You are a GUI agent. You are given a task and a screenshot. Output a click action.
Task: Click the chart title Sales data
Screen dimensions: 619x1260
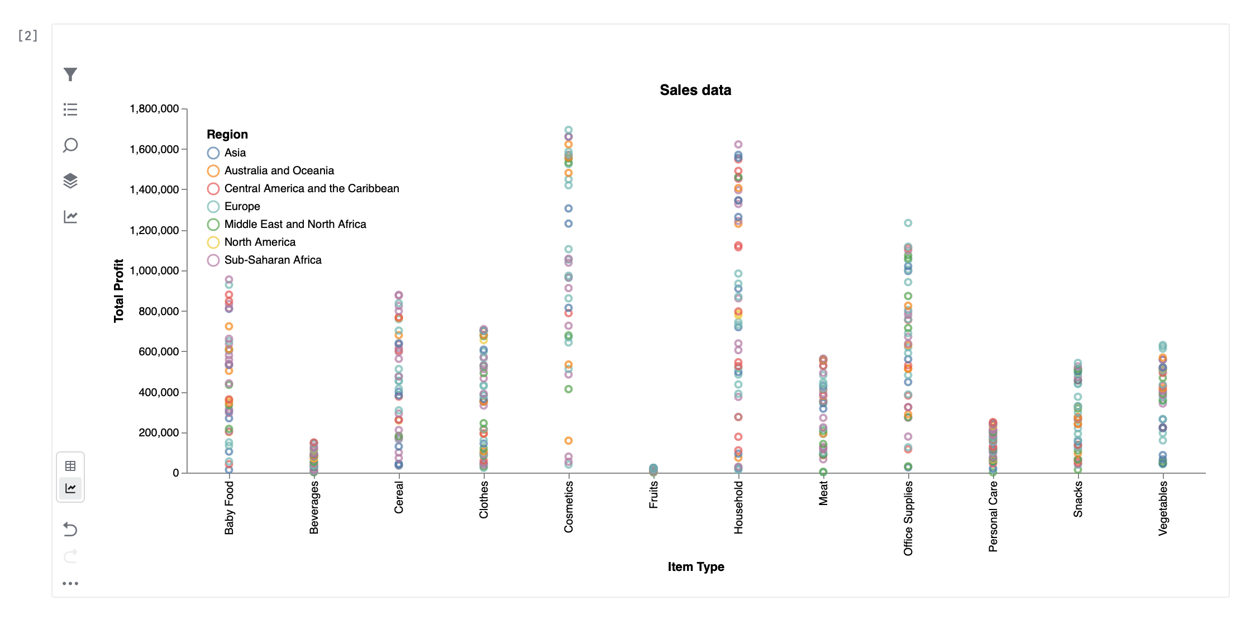click(x=695, y=90)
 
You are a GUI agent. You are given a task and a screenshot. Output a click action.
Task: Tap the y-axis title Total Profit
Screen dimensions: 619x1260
click(x=118, y=291)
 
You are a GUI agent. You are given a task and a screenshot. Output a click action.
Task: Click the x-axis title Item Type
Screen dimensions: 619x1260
click(x=695, y=566)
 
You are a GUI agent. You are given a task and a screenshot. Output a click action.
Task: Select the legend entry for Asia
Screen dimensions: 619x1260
click(x=235, y=153)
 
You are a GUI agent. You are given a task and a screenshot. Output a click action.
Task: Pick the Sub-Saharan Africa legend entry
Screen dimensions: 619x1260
click(x=273, y=260)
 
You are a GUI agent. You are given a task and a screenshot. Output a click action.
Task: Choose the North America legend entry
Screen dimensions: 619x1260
click(x=260, y=242)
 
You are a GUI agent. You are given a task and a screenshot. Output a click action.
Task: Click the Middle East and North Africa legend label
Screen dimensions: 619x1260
click(x=295, y=224)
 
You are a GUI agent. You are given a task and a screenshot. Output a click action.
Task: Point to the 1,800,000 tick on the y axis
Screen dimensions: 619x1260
click(x=154, y=108)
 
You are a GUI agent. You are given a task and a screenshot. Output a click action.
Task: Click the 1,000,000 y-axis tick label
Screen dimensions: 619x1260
click(x=154, y=270)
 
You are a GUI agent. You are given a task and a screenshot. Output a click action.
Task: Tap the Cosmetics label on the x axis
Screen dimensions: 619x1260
click(x=569, y=507)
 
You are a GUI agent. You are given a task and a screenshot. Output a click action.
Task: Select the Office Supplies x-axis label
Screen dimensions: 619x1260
click(x=908, y=518)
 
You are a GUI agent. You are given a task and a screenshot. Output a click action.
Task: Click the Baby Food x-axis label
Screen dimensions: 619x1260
click(x=229, y=507)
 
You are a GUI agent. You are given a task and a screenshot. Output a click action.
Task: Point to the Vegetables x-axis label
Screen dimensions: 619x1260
click(x=1163, y=508)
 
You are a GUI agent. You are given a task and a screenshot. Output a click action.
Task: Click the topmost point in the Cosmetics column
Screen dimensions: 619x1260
click(x=569, y=130)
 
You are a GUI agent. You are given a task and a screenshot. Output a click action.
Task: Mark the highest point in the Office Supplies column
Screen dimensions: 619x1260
click(x=908, y=223)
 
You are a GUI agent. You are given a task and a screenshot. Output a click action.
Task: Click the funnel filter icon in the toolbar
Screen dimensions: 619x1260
click(x=70, y=74)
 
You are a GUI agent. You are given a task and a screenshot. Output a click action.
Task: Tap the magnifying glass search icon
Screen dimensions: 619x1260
click(x=70, y=145)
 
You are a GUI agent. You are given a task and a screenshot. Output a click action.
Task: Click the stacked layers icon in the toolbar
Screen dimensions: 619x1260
click(x=70, y=180)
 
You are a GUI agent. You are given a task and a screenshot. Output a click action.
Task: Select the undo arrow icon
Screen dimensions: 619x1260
click(x=70, y=528)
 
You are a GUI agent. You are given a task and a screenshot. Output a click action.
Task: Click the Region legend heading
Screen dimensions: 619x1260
click(x=227, y=134)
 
